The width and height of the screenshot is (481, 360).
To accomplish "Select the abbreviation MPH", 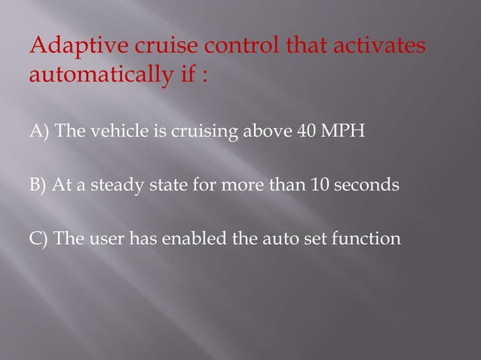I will coord(342,133).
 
